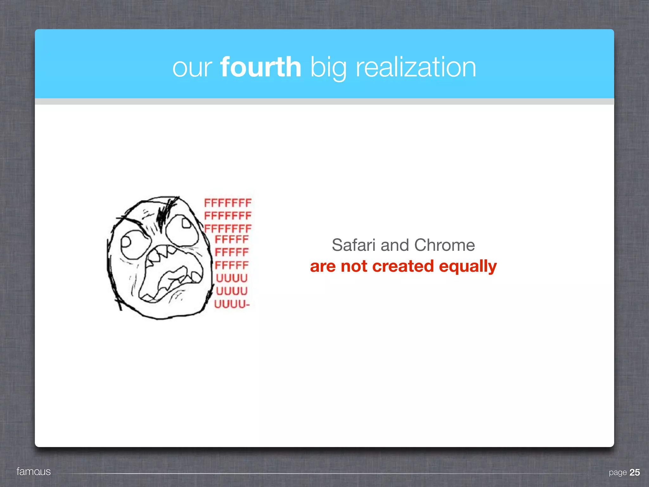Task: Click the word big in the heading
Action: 328,68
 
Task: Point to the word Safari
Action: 354,245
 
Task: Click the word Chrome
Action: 444,245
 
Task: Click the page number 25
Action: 634,472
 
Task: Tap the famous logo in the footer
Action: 34,471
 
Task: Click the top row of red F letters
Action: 228,203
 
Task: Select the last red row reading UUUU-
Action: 232,304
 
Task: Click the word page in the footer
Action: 618,473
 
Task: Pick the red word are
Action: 323,266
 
